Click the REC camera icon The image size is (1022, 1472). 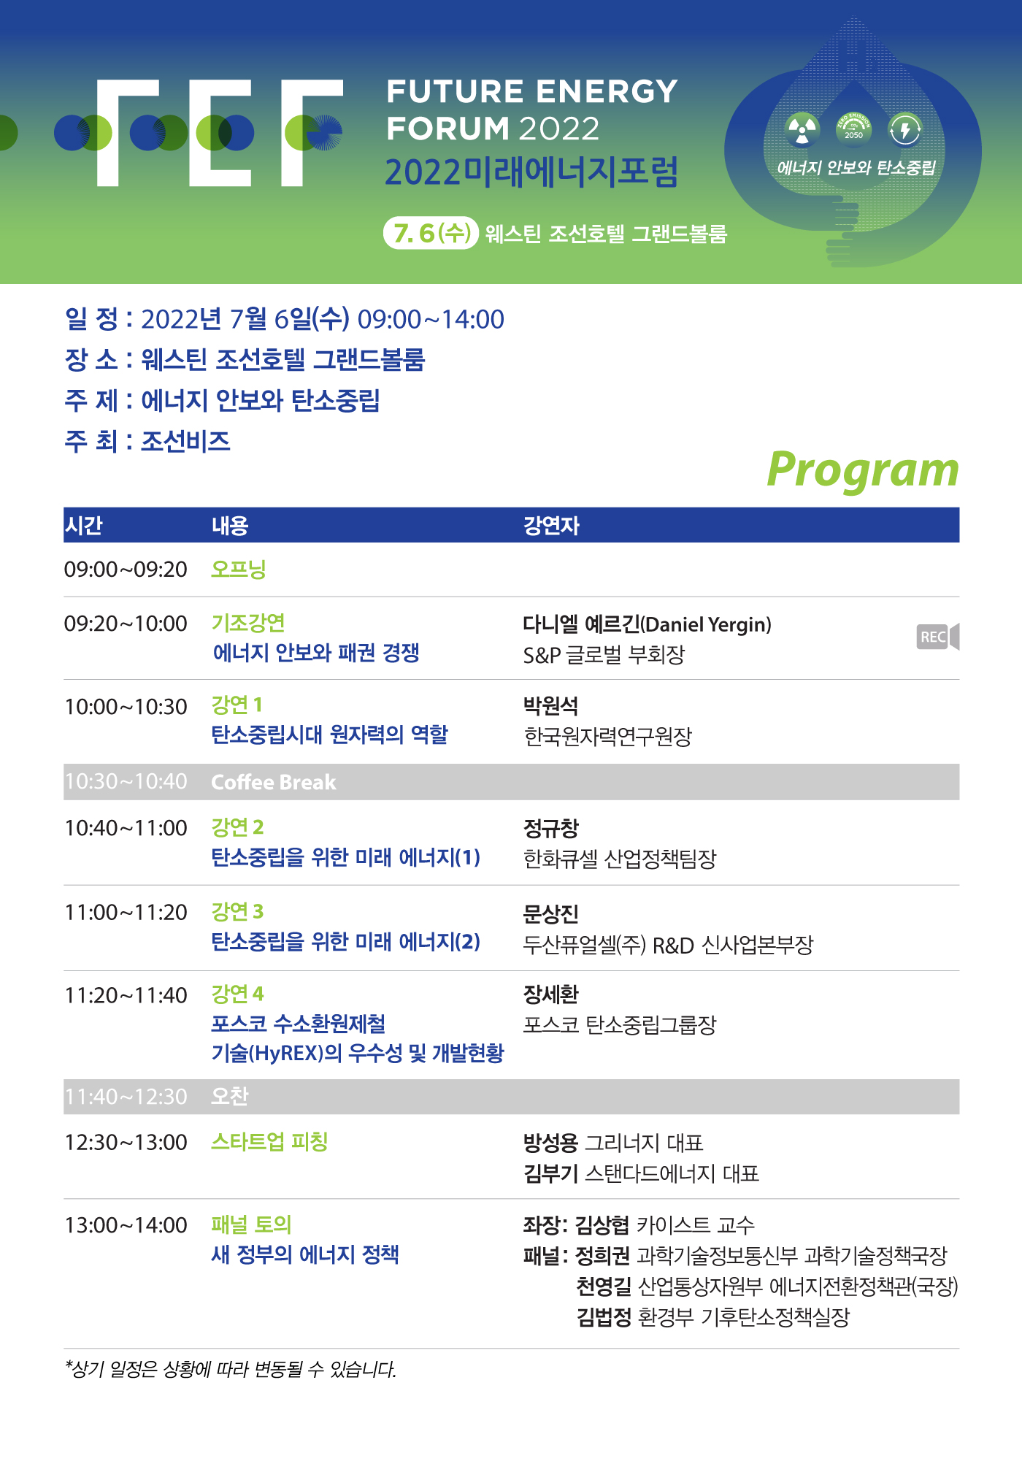click(x=937, y=637)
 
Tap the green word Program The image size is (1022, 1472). click(x=863, y=470)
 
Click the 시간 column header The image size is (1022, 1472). click(x=84, y=526)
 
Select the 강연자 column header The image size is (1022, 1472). click(x=551, y=526)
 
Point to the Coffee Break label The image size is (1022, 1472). click(x=274, y=782)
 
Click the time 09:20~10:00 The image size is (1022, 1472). click(x=126, y=624)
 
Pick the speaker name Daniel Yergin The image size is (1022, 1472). click(x=707, y=624)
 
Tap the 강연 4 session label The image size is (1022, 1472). click(x=237, y=994)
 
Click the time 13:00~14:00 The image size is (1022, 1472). click(x=126, y=1225)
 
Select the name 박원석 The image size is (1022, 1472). click(x=551, y=706)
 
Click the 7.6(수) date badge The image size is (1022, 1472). click(x=431, y=233)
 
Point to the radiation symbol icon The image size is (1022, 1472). click(x=802, y=130)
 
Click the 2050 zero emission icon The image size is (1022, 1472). click(x=853, y=129)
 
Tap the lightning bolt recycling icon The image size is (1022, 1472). click(x=905, y=130)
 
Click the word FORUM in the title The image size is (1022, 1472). click(x=447, y=129)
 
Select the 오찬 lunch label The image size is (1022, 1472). click(x=230, y=1096)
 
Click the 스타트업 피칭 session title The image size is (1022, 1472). click(x=269, y=1141)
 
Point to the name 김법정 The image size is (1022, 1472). click(x=604, y=1317)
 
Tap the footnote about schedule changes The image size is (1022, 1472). click(x=231, y=1369)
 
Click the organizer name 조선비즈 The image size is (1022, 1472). click(x=185, y=441)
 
